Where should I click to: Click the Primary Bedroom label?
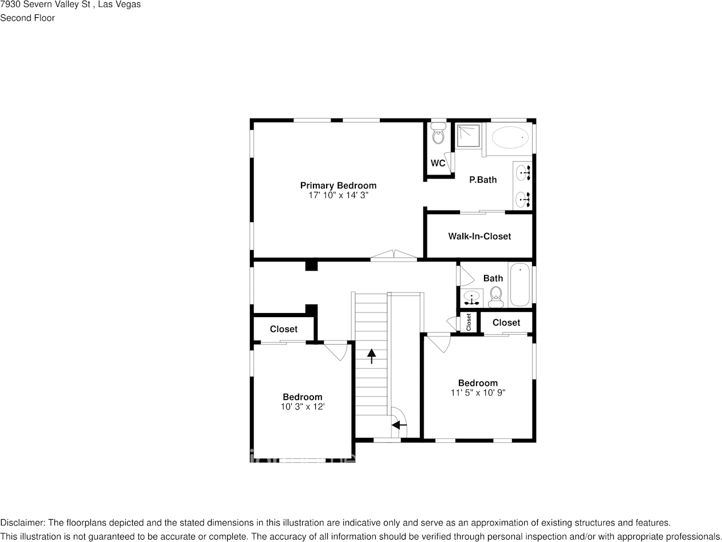pyautogui.click(x=338, y=185)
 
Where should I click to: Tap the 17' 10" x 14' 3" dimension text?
pyautogui.click(x=338, y=195)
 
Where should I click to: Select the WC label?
pyautogui.click(x=438, y=163)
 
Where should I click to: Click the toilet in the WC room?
pyautogui.click(x=438, y=136)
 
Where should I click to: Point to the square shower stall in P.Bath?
pyautogui.click(x=469, y=136)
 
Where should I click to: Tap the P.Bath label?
pyautogui.click(x=483, y=180)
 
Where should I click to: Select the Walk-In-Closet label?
pyautogui.click(x=479, y=236)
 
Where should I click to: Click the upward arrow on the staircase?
pyautogui.click(x=372, y=356)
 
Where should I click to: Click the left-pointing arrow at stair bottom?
pyautogui.click(x=399, y=425)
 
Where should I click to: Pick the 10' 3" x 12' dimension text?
pyautogui.click(x=302, y=406)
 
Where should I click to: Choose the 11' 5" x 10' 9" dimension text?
pyautogui.click(x=478, y=393)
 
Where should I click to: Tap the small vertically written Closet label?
pyautogui.click(x=469, y=322)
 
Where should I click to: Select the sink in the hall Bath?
pyautogui.click(x=472, y=297)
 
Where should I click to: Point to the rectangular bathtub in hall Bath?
pyautogui.click(x=520, y=284)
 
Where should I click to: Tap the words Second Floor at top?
pyautogui.click(x=27, y=18)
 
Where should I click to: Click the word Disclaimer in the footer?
pyautogui.click(x=22, y=523)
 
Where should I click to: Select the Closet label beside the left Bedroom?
pyautogui.click(x=283, y=329)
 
